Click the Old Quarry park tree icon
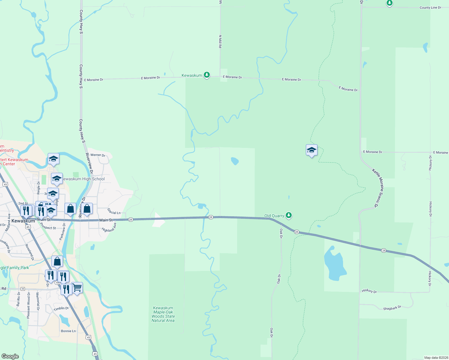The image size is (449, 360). pos(289,215)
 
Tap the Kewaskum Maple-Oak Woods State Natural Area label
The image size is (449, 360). pos(163,314)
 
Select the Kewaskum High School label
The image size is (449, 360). pos(83,179)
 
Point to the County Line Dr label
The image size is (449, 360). pos(430,7)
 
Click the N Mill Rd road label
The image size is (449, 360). pos(220,42)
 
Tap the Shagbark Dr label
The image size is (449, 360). pos(392,308)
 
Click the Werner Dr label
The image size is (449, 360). pos(98,155)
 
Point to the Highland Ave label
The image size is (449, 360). pos(109,227)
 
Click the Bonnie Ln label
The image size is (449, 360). pos(68,331)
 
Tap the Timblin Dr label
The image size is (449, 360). pos(61,308)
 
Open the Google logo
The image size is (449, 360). pos(10,356)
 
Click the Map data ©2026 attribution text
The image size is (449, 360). pos(436,358)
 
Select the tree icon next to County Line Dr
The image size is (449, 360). pos(389,3)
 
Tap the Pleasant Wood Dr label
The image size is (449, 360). pos(29,305)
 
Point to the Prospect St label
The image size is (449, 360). pos(48,228)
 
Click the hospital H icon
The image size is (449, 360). pos(23,289)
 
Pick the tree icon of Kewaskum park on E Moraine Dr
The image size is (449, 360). pos(206,75)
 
